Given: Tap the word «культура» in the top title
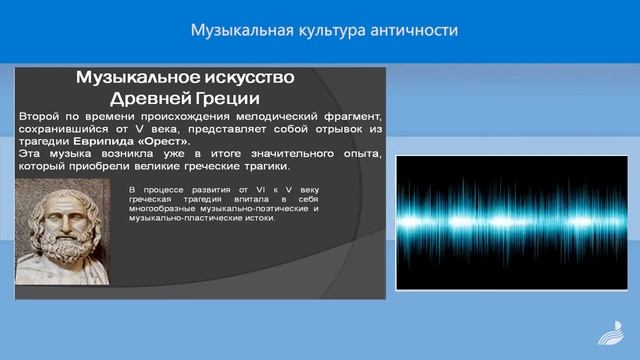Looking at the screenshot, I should pos(332,30).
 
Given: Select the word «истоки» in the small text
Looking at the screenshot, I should pos(257,217).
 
